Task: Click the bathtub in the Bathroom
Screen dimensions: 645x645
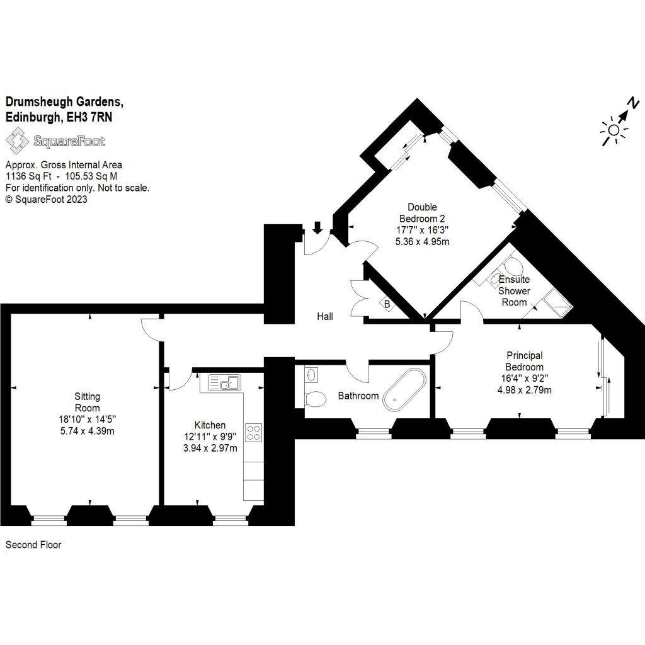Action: [x=404, y=389]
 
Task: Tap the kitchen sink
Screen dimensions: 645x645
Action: [x=225, y=382]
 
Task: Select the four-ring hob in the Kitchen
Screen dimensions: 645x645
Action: [x=254, y=432]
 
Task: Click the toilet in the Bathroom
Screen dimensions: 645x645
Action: [x=315, y=399]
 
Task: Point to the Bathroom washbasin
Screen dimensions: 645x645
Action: [x=311, y=375]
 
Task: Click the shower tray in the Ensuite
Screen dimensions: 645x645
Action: [x=557, y=303]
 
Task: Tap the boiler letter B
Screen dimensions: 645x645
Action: [x=387, y=305]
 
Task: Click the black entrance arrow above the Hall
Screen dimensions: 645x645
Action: [x=317, y=227]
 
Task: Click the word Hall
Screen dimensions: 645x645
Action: [x=325, y=316]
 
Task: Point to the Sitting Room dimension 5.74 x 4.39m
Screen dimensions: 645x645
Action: [x=87, y=431]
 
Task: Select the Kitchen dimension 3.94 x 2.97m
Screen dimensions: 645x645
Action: [x=210, y=448]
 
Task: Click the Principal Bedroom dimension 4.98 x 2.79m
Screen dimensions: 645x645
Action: [x=525, y=389]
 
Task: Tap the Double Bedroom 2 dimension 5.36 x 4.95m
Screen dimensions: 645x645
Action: [x=423, y=241]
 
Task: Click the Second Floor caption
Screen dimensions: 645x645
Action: [x=33, y=545]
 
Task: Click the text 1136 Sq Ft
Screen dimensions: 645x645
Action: [x=28, y=176]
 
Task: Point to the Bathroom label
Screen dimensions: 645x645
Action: [x=358, y=396]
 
